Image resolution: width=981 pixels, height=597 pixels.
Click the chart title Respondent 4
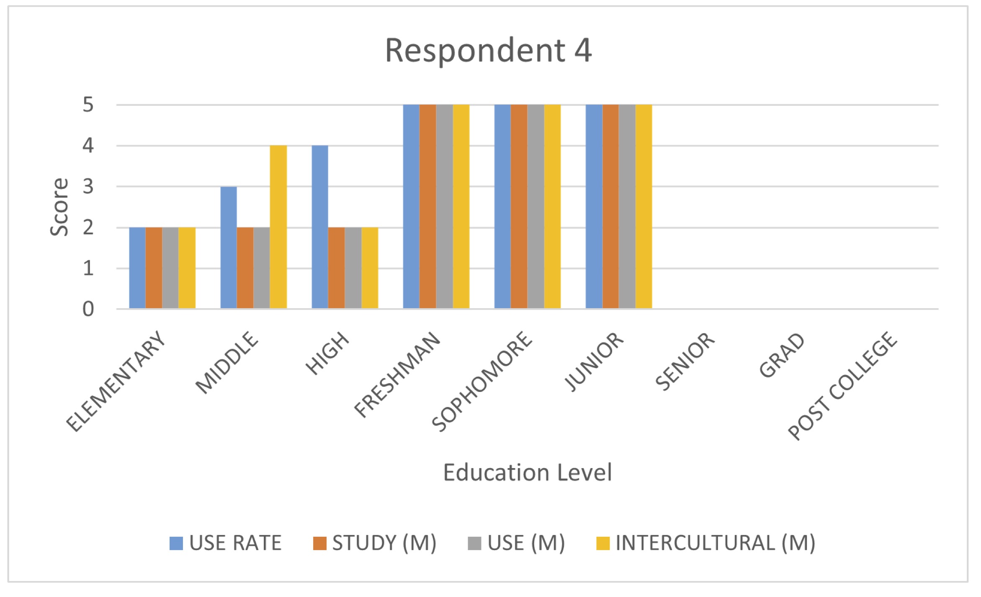[488, 51]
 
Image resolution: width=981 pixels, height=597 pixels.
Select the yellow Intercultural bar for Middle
[278, 227]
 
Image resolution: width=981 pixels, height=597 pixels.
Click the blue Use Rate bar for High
[320, 227]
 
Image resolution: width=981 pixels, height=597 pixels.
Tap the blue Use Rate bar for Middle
[229, 247]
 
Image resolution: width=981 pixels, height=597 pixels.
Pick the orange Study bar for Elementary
[154, 268]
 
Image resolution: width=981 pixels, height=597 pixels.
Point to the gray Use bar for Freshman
[444, 206]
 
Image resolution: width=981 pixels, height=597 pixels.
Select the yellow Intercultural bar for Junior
[644, 206]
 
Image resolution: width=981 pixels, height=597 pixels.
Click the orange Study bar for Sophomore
[519, 206]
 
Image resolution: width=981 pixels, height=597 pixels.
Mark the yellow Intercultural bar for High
[370, 268]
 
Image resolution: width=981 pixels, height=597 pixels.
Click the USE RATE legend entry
[226, 543]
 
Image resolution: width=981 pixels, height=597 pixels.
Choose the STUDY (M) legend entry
[375, 543]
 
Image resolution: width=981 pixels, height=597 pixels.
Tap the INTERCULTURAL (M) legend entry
[706, 543]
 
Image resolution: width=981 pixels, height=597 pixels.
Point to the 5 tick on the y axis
[88, 105]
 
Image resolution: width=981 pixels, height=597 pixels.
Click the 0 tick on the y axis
[88, 309]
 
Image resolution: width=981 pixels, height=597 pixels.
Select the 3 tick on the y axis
[88, 187]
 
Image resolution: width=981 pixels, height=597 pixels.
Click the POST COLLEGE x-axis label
[842, 385]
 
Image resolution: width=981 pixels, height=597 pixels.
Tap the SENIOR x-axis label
[685, 361]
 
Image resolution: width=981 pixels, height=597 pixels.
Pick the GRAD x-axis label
[781, 355]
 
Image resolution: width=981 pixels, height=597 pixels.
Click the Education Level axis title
[527, 473]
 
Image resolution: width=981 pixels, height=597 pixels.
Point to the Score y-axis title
[59, 207]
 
